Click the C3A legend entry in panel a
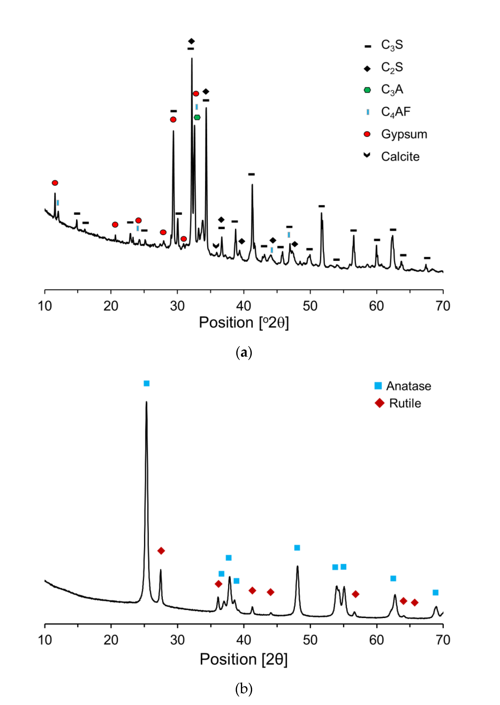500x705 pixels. [x=391, y=90]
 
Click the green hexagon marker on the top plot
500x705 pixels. [x=197, y=117]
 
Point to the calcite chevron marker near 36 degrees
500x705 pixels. [x=216, y=246]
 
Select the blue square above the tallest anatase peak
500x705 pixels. [x=147, y=383]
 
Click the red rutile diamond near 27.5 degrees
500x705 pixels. [x=161, y=551]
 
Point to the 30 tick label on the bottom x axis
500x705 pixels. [x=177, y=640]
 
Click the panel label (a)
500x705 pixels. [x=244, y=352]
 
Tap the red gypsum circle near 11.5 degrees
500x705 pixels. [x=55, y=183]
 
